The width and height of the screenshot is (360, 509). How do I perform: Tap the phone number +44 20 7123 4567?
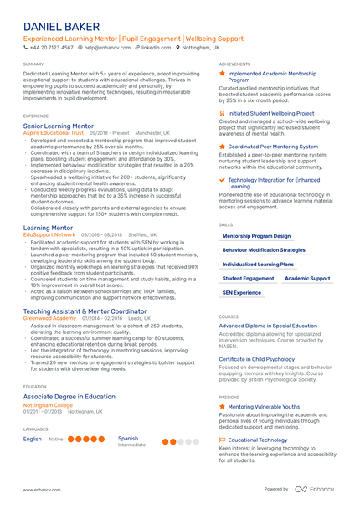[52, 49]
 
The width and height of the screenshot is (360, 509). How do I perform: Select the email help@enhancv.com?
[105, 49]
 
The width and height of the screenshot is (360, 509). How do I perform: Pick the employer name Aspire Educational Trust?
[54, 132]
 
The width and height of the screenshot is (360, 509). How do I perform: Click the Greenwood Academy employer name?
[51, 319]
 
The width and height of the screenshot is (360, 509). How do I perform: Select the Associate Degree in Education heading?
[69, 396]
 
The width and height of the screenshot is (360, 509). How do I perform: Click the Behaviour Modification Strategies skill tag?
[264, 249]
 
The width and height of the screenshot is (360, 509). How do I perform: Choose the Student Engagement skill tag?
[248, 278]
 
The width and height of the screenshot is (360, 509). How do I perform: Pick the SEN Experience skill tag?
[242, 293]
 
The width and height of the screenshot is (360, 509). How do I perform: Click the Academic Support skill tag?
[307, 278]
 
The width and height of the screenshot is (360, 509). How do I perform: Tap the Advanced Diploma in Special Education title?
[269, 326]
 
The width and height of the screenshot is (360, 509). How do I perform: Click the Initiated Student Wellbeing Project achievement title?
[271, 113]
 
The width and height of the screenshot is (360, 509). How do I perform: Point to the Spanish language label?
[128, 438]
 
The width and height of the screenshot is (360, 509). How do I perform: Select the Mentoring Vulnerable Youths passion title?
[264, 406]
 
